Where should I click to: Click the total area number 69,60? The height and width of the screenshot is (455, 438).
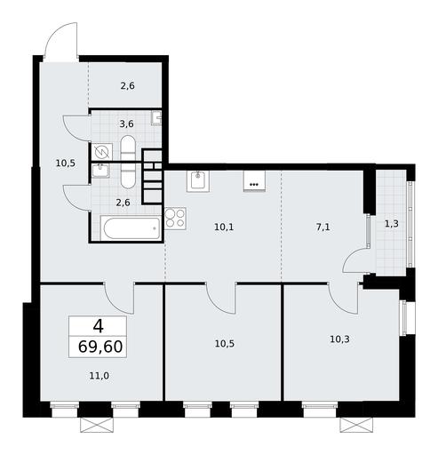100,347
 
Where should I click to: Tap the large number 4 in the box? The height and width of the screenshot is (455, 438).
99,326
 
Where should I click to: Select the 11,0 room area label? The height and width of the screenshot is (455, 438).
100,376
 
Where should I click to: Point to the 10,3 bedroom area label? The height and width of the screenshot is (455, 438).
339,339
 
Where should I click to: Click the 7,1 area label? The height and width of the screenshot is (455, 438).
323,227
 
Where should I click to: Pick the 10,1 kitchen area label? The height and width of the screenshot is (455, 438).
224,227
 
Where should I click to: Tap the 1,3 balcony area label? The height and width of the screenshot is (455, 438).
392,224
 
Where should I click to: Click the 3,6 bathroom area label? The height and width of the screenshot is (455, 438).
126,124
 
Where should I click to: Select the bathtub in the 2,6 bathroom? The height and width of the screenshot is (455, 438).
131,228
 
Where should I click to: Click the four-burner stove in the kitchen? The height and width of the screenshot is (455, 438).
175,219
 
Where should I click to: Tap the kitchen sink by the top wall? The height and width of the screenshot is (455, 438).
198,180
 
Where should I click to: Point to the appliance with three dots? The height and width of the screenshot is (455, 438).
254,181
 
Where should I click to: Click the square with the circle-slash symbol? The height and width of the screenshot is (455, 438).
102,152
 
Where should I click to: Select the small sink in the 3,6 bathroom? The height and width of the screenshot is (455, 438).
156,118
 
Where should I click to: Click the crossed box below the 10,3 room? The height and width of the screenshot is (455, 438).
356,425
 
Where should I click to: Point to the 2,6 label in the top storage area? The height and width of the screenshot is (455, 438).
128,86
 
